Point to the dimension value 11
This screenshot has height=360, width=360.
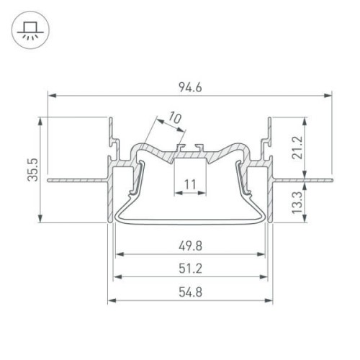(190, 186)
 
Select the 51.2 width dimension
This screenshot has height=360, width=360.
(190, 270)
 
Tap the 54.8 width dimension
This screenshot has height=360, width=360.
(190, 294)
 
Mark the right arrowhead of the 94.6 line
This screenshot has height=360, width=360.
(328, 94)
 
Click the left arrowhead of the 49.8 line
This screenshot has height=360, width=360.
(118, 253)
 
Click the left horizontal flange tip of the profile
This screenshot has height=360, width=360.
(49, 181)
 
